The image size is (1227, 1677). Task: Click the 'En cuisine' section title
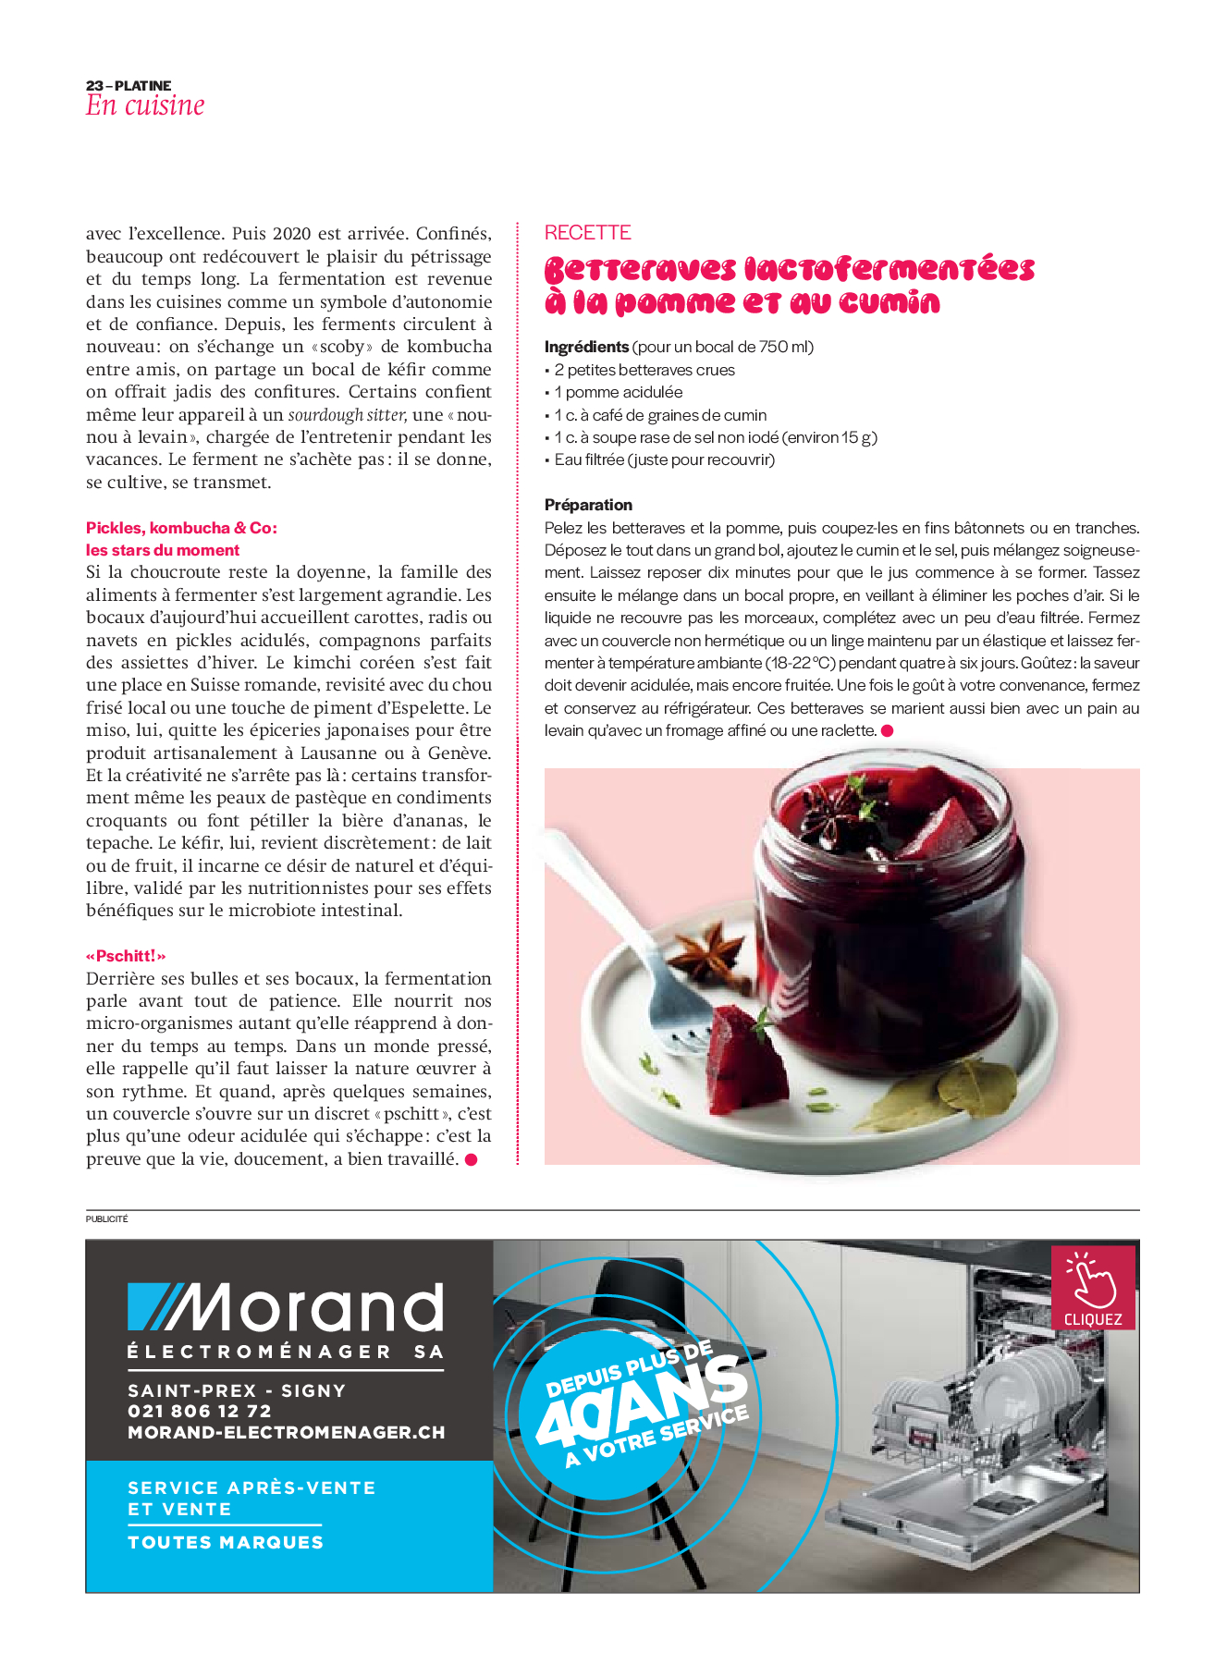(x=145, y=105)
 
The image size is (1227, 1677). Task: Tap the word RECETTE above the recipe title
(x=587, y=233)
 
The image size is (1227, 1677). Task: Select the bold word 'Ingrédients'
(x=586, y=347)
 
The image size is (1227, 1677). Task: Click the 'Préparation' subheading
(x=588, y=505)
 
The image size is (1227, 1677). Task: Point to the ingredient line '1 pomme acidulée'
(x=618, y=392)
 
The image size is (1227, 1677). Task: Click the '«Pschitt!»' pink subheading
(x=126, y=956)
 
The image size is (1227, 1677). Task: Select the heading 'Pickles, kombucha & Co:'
(x=181, y=528)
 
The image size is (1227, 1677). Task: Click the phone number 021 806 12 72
(x=200, y=1411)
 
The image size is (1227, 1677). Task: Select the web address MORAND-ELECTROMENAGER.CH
(x=287, y=1432)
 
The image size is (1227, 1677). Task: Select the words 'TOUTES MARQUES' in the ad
(x=226, y=1542)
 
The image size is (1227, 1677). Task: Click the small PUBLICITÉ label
(x=107, y=1219)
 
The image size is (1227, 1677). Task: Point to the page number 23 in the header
(x=94, y=86)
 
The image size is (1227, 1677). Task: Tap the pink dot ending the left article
(x=471, y=1159)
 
